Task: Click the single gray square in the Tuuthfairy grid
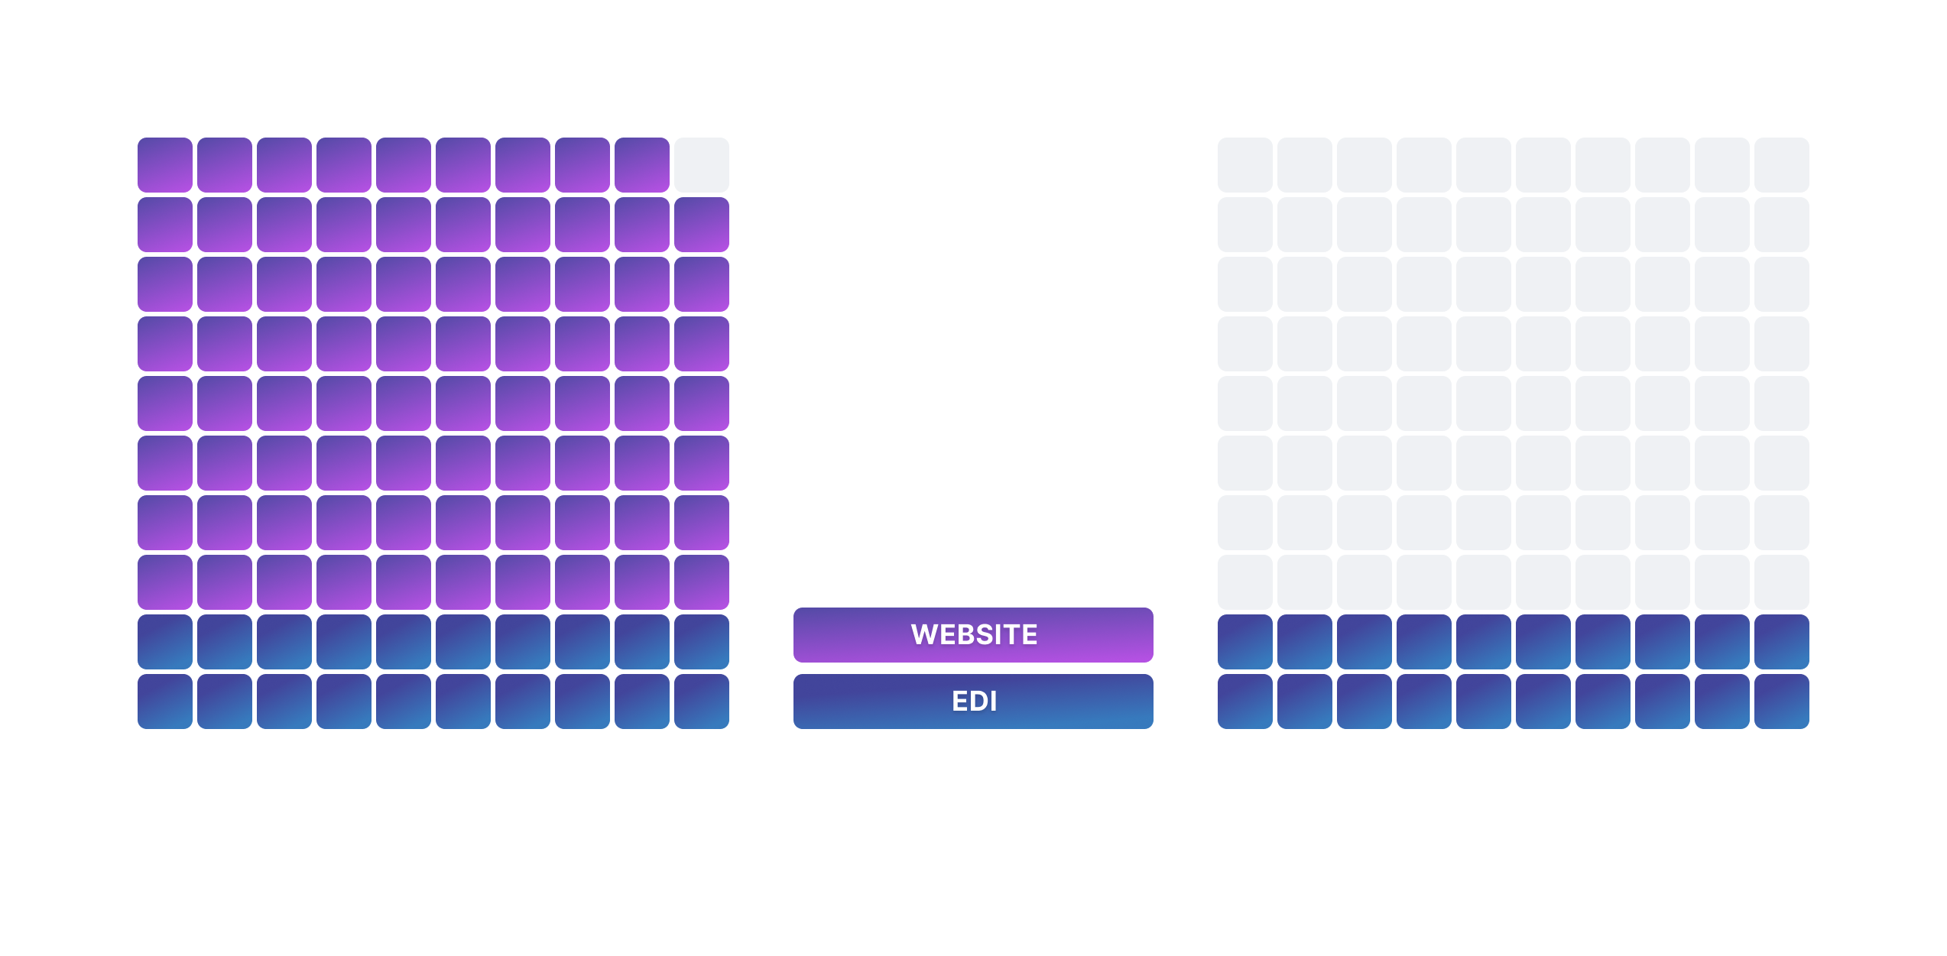pyautogui.click(x=701, y=165)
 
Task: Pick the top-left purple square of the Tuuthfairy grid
pyautogui.click(x=165, y=165)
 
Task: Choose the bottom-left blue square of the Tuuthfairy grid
pyautogui.click(x=165, y=702)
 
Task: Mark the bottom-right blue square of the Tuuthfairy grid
pyautogui.click(x=701, y=702)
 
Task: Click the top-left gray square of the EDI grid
pyautogui.click(x=1244, y=165)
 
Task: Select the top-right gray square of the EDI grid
pyautogui.click(x=1781, y=165)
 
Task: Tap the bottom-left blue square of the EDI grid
pyautogui.click(x=1244, y=702)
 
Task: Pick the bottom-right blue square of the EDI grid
pyautogui.click(x=1781, y=702)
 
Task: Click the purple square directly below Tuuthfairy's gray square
pyautogui.click(x=701, y=225)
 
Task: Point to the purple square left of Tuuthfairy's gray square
pyautogui.click(x=641, y=165)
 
